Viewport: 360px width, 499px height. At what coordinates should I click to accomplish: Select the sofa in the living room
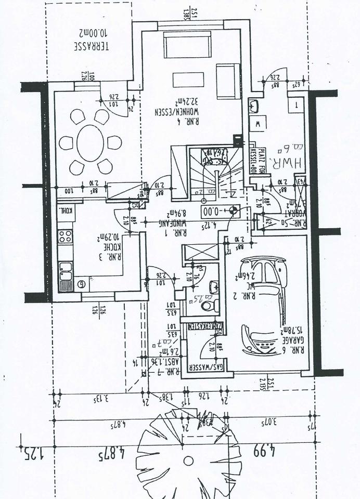coord(187,45)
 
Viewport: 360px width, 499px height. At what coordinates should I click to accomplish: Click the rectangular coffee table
coord(188,80)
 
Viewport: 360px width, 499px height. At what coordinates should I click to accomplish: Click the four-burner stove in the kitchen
coord(65,237)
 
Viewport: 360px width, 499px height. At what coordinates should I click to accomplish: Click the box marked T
coord(297,104)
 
